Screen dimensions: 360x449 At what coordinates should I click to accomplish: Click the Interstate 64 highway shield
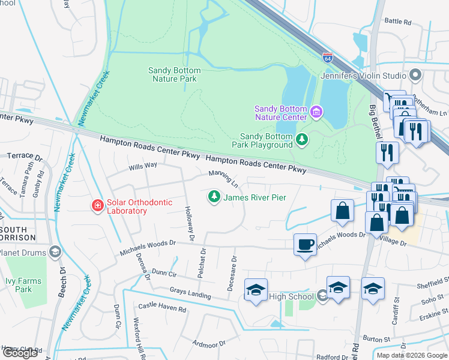coord(327,58)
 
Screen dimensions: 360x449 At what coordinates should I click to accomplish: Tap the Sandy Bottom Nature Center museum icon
coord(316,112)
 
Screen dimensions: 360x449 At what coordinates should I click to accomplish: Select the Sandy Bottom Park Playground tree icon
coord(302,140)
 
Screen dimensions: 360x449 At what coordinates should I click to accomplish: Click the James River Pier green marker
coord(214,197)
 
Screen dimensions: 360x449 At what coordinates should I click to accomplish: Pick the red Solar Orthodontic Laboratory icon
coord(97,206)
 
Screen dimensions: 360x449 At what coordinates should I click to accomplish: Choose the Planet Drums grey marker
coord(55,252)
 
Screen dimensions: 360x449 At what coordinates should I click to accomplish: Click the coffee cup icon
coord(305,244)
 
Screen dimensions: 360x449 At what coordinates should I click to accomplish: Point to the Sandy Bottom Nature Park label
coord(174,74)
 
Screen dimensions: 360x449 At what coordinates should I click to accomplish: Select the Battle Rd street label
coord(397,22)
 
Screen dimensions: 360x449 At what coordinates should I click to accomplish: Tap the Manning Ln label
coord(223,177)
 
